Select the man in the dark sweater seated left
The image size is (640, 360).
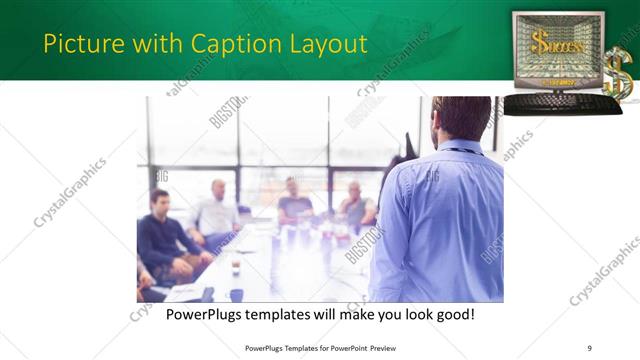tap(163, 235)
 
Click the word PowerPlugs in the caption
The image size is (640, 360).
tap(201, 315)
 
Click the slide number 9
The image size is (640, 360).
tap(589, 348)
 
